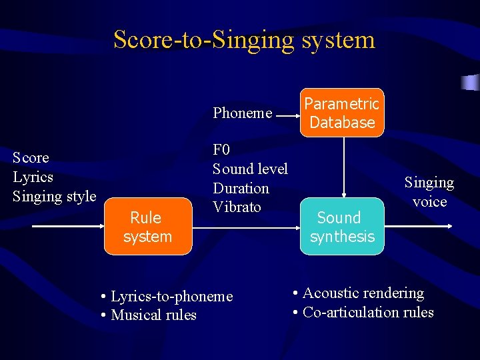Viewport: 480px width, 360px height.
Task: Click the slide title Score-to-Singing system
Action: [244, 39]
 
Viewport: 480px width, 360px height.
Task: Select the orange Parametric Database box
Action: [342, 113]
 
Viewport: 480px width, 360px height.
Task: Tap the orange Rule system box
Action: [147, 227]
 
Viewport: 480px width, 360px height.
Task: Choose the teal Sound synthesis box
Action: [342, 227]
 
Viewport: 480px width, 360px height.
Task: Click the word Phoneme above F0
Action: [242, 113]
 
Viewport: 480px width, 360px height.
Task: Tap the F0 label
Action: [221, 150]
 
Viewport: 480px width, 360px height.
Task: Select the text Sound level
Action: [250, 169]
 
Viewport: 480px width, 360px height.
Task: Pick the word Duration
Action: [241, 188]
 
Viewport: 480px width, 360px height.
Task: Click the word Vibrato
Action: [237, 207]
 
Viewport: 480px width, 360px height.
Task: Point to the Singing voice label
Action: [429, 191]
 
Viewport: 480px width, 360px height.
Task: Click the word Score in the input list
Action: [31, 158]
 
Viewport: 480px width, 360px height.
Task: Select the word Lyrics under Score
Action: [33, 177]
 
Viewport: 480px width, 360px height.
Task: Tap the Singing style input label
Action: [55, 196]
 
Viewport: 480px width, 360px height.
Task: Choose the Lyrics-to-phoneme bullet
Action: [167, 296]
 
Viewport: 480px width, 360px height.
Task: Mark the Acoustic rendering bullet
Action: [358, 293]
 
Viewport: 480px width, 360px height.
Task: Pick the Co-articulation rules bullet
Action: [363, 312]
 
